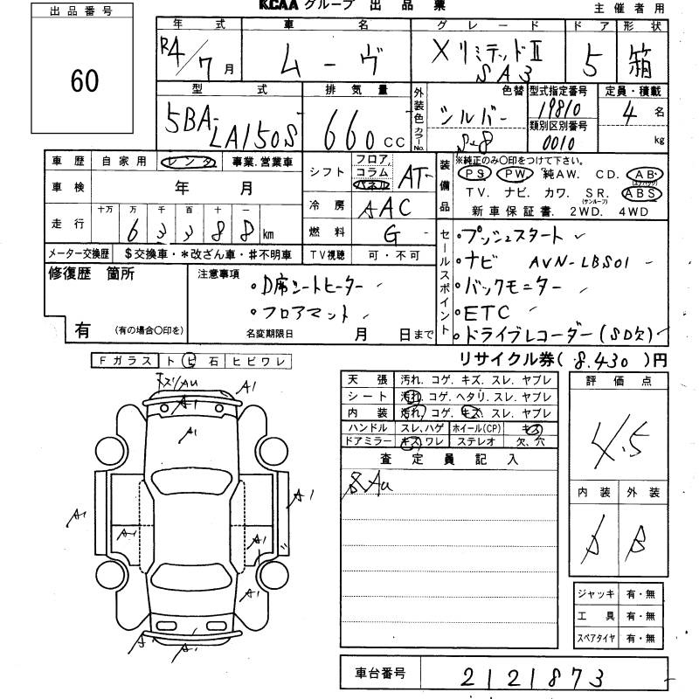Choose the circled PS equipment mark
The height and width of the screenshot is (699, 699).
471,173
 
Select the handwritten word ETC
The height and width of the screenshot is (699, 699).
490,310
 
